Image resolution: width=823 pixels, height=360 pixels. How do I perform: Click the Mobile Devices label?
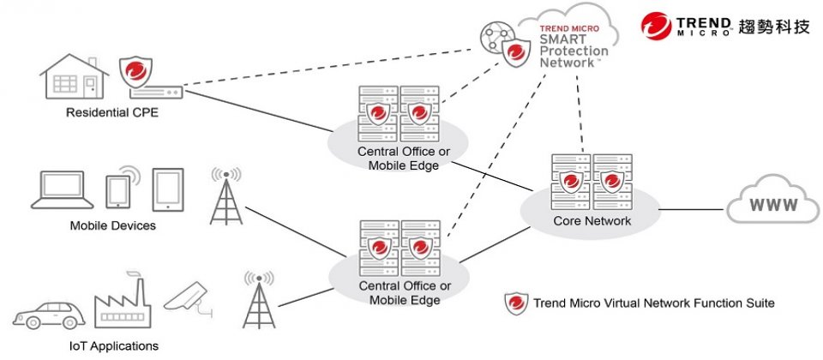(x=113, y=226)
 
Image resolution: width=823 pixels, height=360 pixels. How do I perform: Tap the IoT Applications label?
(x=113, y=346)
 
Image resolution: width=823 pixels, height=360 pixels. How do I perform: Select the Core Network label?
(x=592, y=221)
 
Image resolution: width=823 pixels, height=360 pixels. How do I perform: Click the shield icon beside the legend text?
(x=515, y=303)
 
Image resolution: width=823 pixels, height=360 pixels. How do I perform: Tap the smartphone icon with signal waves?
(x=118, y=188)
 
